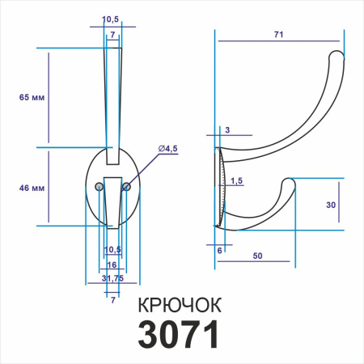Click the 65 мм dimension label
pos(31,97)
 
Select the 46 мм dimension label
pos(31,188)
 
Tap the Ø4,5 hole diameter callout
pos(168,148)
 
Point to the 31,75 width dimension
pos(112,279)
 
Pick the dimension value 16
pos(112,265)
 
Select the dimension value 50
pos(257,256)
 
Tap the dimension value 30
pos(330,205)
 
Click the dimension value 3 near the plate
pos(227,130)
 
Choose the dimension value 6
pos(218,251)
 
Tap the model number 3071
pos(180,335)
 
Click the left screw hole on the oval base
pos(99,187)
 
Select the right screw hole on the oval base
pos(126,187)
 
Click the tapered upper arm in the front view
pos(112,97)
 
